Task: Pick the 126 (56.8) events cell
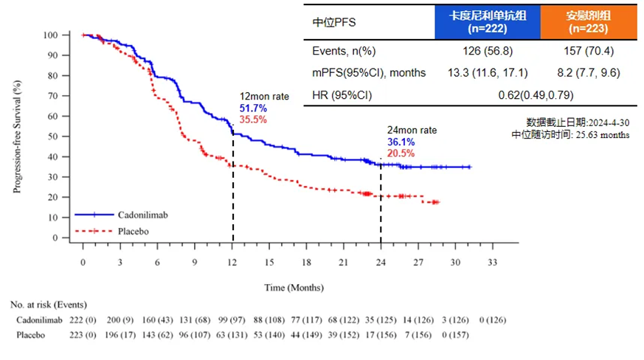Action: click(488, 52)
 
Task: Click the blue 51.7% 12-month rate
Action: click(249, 108)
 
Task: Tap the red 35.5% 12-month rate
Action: click(249, 119)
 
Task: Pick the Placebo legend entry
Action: click(133, 232)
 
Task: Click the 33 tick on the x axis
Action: click(492, 262)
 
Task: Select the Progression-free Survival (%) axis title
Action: click(16, 136)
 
